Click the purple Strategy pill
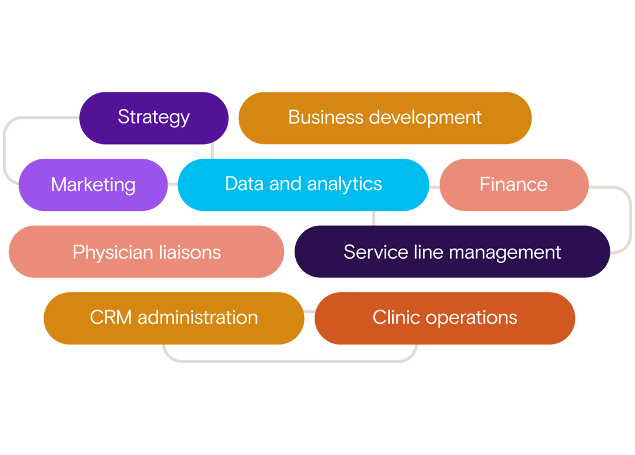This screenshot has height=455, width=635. pos(153,118)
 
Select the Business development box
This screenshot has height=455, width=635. pos(385,118)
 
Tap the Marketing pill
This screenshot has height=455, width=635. pos(93,185)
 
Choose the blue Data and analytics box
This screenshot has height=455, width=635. pos(303,185)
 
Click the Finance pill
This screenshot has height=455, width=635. pos(513,185)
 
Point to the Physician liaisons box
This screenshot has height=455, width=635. pos(146,252)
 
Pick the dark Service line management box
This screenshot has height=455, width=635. pos(452,252)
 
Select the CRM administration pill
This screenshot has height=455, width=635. pos(173,318)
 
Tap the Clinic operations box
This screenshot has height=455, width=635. pos(444,318)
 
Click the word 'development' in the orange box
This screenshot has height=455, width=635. pos(425,118)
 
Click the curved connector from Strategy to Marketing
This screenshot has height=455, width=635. pos(5,150)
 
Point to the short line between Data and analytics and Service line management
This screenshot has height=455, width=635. pos(374,218)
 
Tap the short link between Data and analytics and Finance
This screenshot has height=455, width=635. pos(435,186)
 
